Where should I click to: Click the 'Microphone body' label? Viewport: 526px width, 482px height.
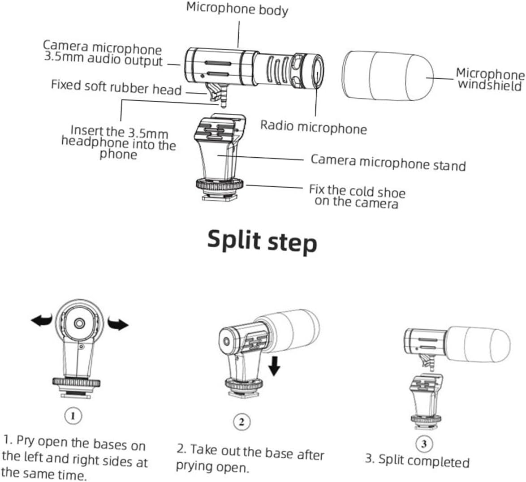coord(237,9)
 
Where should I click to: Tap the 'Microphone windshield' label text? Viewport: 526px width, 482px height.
coord(490,79)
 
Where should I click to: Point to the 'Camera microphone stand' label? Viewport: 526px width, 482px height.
coord(388,162)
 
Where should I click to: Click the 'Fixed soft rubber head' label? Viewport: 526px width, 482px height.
coord(116,86)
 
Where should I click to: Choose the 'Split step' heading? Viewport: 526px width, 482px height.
coord(262,241)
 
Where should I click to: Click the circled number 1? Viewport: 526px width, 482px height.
coord(73,416)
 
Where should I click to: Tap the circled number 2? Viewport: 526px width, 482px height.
coord(242,422)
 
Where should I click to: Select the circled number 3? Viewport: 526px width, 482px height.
coord(424,443)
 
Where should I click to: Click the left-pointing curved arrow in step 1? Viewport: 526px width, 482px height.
coord(42,320)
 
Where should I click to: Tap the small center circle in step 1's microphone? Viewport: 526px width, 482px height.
coord(80,323)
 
